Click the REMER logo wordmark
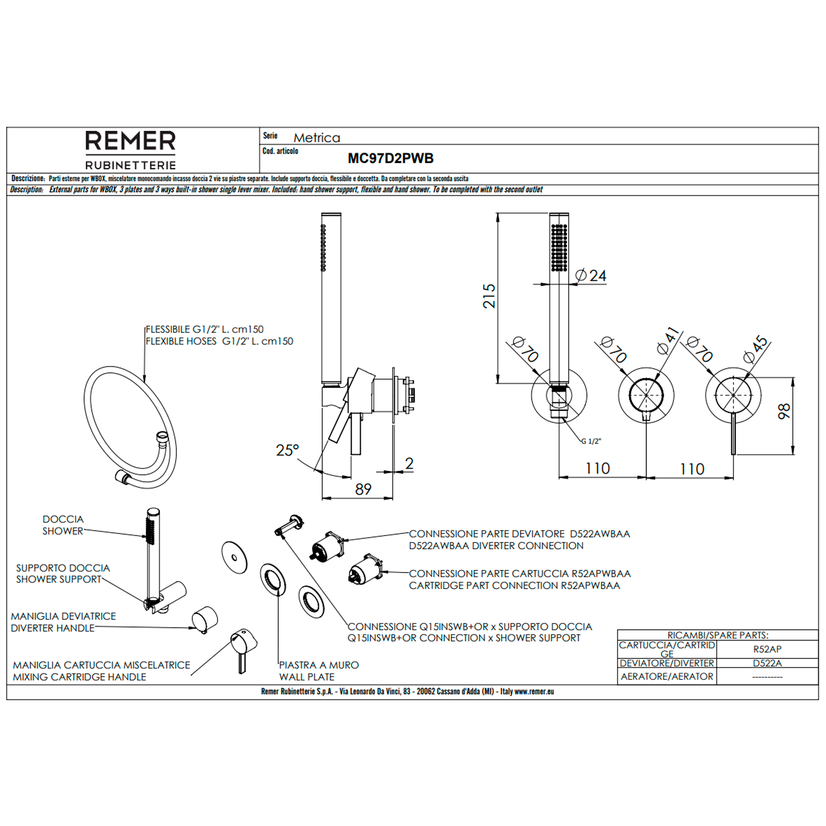[130, 141]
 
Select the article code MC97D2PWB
[390, 159]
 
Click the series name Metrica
[317, 138]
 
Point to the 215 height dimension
[489, 296]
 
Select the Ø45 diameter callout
[755, 350]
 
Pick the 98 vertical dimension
[784, 412]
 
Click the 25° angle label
[287, 451]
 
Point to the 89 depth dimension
[363, 489]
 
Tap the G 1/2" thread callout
[591, 441]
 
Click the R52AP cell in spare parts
[767, 649]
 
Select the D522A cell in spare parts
[767, 663]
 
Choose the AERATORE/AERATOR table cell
[667, 676]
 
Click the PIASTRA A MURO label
[319, 665]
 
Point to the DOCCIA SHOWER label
[63, 525]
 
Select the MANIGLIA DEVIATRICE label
[63, 617]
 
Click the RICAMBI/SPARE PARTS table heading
[718, 635]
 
